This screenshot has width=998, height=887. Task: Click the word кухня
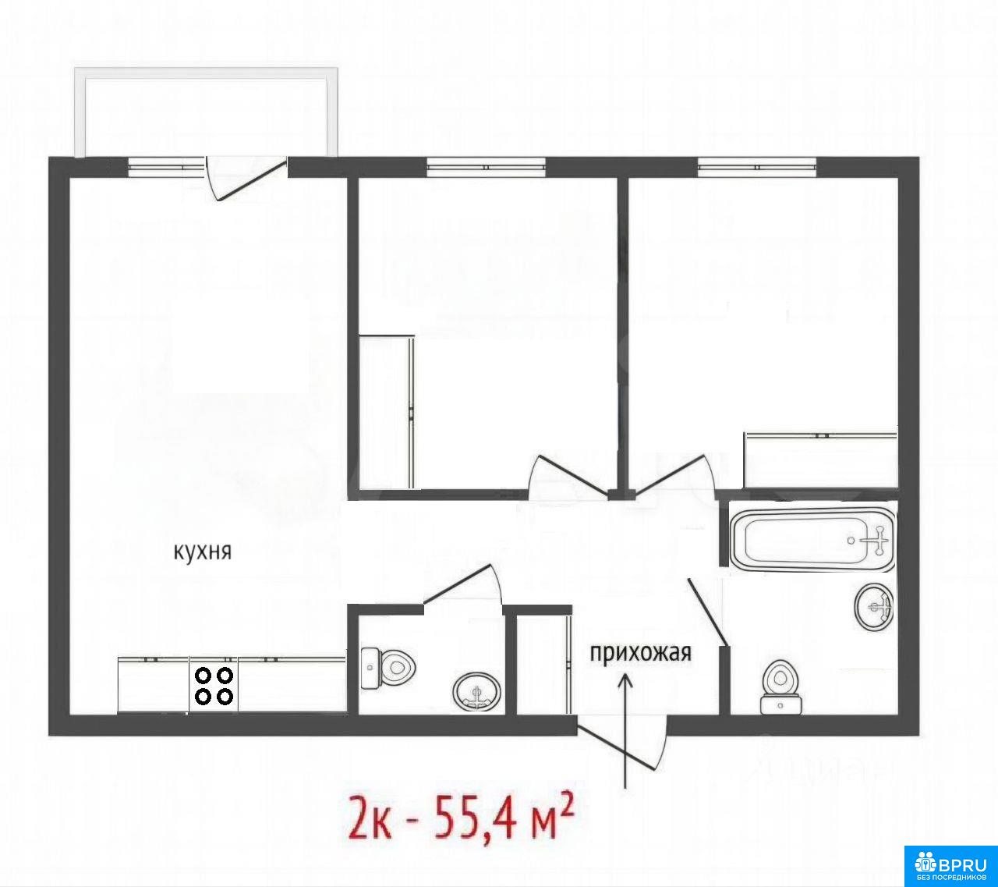203,552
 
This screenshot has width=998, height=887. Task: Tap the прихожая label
641,653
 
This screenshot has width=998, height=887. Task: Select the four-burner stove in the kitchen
214,686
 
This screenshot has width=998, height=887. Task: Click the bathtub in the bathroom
812,540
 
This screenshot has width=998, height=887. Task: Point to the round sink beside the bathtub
873,607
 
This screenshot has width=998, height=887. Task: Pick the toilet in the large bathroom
780,687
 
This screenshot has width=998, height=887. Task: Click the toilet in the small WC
388,669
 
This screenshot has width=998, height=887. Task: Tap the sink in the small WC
476,692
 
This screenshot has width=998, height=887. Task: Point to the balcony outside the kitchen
207,112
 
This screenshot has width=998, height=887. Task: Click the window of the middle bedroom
487,167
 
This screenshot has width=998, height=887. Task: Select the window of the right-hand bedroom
757,167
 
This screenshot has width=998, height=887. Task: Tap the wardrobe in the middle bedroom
386,412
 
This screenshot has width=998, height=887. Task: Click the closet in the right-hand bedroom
819,460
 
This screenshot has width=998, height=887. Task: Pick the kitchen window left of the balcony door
167,167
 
